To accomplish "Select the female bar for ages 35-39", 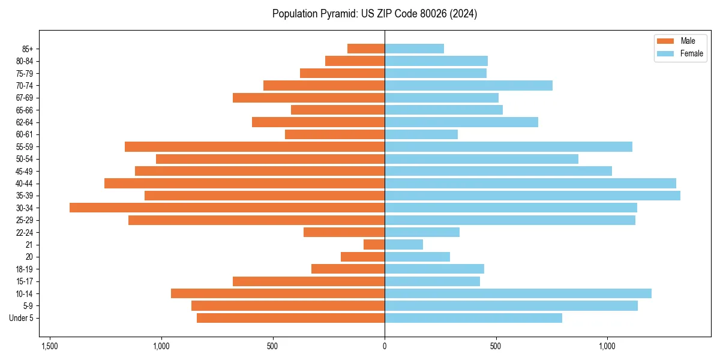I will click(x=532, y=196).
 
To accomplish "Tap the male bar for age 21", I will click(x=374, y=245).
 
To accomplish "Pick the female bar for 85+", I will click(x=414, y=49).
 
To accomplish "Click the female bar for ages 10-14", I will click(x=518, y=293).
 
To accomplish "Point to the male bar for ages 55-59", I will click(x=254, y=146).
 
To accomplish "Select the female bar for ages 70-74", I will click(x=468, y=85).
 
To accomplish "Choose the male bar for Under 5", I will click(x=290, y=318).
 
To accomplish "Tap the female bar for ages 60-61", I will click(x=421, y=134).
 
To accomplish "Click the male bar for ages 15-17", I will click(x=308, y=281).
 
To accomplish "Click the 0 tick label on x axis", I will click(x=385, y=346).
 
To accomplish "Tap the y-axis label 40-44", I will click(x=25, y=184).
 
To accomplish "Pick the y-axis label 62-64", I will click(x=25, y=122).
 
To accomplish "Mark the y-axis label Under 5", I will click(x=22, y=318).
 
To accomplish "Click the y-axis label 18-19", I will click(x=25, y=269).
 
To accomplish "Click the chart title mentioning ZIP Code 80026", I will click(x=374, y=14).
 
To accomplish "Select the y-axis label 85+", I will click(x=28, y=49).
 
